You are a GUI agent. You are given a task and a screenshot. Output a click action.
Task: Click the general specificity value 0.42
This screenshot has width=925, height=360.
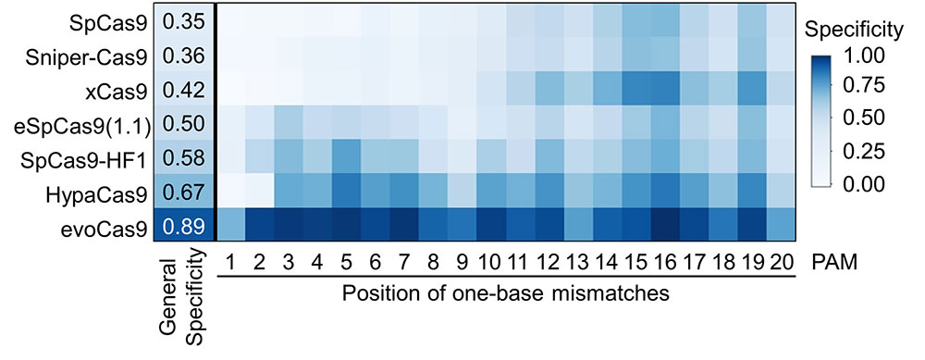click(x=183, y=91)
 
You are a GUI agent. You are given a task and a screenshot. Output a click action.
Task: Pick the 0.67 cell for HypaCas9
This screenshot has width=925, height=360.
click(x=183, y=193)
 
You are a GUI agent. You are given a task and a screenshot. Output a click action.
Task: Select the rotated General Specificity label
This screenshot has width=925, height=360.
click(x=181, y=301)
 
